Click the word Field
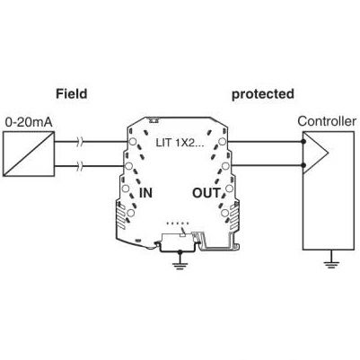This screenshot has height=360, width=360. point(72,93)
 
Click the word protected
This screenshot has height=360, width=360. point(263,94)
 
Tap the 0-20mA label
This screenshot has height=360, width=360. point(29,122)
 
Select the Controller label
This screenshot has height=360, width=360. point(327,121)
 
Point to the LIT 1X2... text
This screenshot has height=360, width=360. point(180,143)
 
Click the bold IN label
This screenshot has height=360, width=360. point(145,193)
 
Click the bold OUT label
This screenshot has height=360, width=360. point(206,193)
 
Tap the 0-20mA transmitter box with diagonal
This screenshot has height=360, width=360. point(29,154)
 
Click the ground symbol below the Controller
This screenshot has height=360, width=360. point(331,263)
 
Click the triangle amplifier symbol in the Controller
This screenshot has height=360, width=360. point(315,153)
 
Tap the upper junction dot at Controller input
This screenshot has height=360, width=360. point(303,141)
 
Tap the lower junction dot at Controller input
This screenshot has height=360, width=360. point(303,165)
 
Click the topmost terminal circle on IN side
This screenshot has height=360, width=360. point(133,141)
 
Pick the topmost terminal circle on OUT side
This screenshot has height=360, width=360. point(222,141)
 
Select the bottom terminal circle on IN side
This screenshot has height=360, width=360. point(130,213)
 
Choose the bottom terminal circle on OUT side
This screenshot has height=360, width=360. point(224,213)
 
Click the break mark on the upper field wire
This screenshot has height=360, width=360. point(81,141)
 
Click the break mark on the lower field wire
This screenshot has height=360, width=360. point(81,165)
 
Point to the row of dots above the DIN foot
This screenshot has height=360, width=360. point(178,224)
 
